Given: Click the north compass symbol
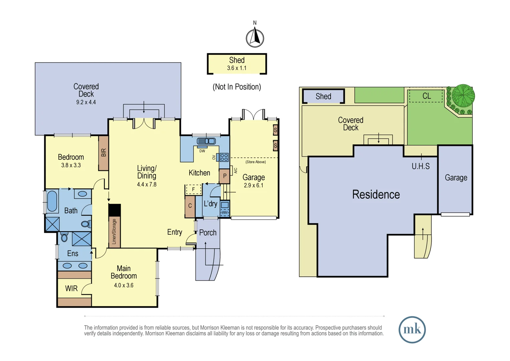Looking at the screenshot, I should pos(255,37).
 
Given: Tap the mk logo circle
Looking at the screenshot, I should pos(412,330).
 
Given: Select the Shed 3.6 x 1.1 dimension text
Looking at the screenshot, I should pos(237,68).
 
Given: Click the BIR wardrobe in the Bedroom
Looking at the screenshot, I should pos(103,153).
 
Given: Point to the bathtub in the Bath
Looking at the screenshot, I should pos(52,201).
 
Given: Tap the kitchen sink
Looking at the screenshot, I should pos(206,141).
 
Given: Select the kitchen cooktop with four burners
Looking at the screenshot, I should pos(224,157).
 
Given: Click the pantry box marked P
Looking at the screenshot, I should pos(225,176).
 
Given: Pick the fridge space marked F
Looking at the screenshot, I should pos(193,190).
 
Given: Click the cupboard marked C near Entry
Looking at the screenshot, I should pos(190,206).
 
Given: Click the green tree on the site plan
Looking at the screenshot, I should pos(463,96).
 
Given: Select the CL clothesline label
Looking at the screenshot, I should pos(426,96).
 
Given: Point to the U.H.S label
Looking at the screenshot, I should pos(421,166).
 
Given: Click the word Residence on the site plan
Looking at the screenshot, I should pos(376,195).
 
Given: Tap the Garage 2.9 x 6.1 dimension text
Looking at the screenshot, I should pos(253,186).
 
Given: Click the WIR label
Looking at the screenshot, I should pos(71,288).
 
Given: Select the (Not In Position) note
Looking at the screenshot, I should pos(237,87).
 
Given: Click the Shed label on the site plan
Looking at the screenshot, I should pos(323,97).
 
